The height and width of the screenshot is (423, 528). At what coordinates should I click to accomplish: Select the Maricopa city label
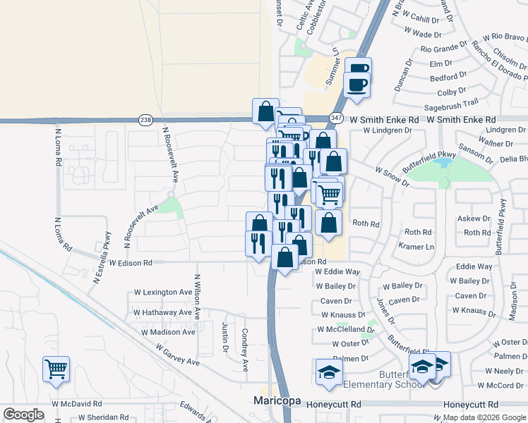click(x=277, y=401)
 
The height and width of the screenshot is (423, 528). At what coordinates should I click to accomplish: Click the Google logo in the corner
click(x=23, y=415)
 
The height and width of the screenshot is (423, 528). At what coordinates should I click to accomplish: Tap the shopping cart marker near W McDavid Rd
click(x=56, y=369)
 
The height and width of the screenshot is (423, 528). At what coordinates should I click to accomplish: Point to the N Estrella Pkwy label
click(x=101, y=257)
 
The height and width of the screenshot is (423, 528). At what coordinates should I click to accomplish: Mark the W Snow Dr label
click(x=392, y=176)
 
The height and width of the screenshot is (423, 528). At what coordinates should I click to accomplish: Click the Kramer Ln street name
click(x=416, y=247)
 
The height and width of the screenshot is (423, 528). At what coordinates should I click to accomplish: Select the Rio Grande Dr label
click(x=444, y=49)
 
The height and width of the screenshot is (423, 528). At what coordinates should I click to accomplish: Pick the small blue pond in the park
click(x=444, y=163)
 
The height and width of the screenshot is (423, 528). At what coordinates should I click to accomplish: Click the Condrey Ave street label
click(x=245, y=350)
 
